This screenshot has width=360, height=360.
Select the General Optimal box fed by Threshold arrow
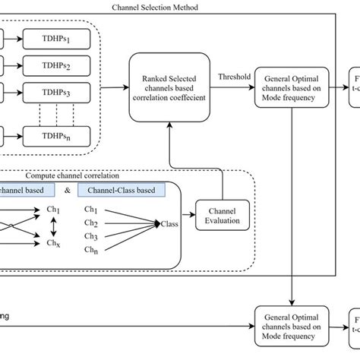[x=292, y=89]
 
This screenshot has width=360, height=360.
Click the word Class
[x=169, y=224]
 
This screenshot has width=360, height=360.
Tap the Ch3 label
[x=92, y=235]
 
